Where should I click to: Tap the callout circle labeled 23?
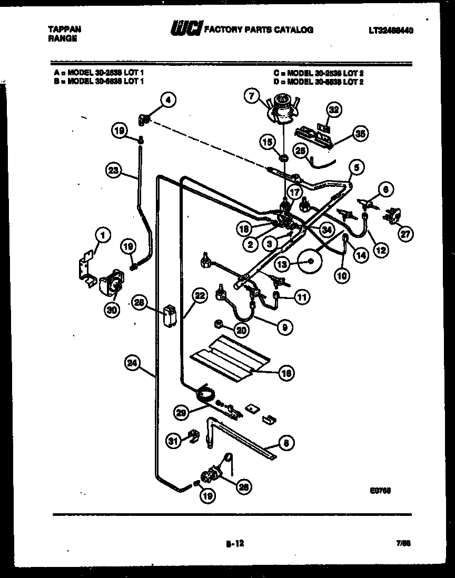click(x=113, y=170)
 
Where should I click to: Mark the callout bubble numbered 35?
click(x=360, y=134)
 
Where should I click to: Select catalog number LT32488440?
click(x=391, y=31)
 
